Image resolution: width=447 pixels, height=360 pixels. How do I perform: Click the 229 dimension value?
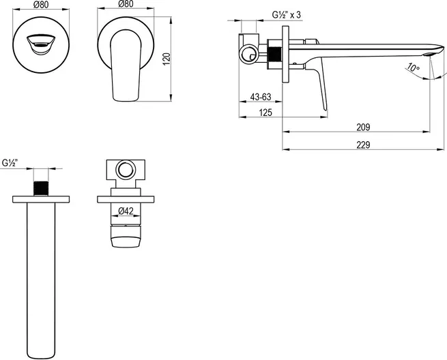pos(363,145)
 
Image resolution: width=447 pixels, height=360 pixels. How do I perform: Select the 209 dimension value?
pos(363,127)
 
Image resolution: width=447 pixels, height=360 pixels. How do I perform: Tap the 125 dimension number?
pos(265,112)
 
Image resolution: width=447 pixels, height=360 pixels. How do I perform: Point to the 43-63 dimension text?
pos(261,97)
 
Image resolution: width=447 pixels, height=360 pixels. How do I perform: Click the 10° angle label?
pos(413,67)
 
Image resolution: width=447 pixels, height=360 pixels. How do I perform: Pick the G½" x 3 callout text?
pos(286,15)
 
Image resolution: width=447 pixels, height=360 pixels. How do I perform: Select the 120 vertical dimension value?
pos(167,59)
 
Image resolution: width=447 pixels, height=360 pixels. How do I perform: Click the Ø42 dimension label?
pos(126,211)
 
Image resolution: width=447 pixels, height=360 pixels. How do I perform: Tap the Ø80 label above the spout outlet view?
pos(41,4)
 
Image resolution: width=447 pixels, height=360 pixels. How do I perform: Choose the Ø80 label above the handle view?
pos(126,4)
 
